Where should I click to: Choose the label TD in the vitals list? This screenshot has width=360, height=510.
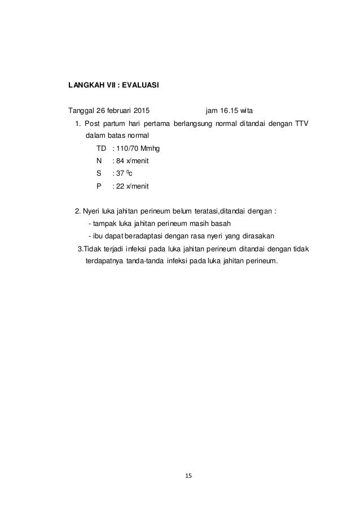(x=102, y=149)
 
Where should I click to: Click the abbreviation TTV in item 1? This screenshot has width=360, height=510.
(x=301, y=124)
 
